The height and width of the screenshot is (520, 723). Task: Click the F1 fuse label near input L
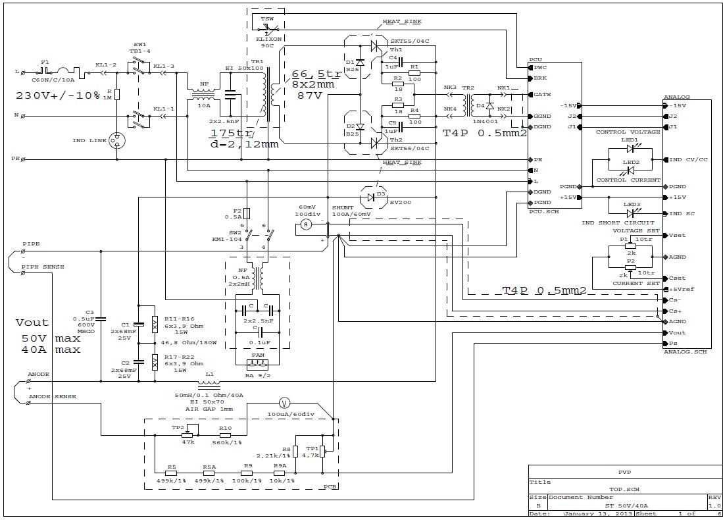coord(44,62)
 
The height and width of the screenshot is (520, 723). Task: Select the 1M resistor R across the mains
coord(116,94)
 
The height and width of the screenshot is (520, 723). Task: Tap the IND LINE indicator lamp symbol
coord(117,139)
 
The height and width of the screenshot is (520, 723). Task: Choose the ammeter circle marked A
coord(306,224)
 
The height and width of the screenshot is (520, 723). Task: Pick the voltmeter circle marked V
coord(284,402)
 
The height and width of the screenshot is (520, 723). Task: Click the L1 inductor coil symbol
coord(210,383)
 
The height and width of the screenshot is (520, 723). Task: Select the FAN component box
coord(257,363)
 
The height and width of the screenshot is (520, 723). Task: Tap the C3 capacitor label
coord(90,312)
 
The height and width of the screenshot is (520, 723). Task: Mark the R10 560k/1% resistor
coord(226,434)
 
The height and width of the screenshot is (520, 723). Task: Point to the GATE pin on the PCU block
coord(542,94)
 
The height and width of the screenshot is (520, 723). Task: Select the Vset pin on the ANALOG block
coord(677,236)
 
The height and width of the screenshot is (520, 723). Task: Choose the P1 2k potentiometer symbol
coord(631,246)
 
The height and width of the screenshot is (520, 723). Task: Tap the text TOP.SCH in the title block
coord(616,490)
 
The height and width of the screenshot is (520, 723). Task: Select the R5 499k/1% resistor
coord(172,472)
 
